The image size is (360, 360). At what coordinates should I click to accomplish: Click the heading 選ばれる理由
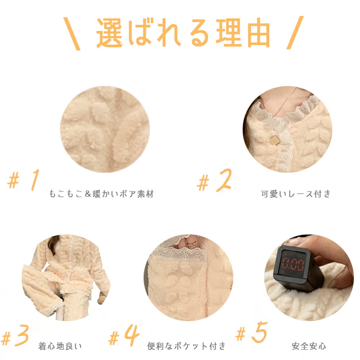(x=183, y=33)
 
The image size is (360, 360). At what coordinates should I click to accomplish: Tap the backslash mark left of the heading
(x=72, y=33)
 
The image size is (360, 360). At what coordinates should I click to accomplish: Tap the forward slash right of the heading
(x=295, y=33)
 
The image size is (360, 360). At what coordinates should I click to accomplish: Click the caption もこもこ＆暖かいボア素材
(x=101, y=194)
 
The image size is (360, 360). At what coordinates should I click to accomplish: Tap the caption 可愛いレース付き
(x=296, y=194)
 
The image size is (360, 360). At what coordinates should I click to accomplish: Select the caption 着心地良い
(x=60, y=346)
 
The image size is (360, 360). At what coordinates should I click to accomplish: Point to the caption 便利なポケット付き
(x=186, y=346)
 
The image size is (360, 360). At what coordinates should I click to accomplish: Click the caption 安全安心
(x=309, y=346)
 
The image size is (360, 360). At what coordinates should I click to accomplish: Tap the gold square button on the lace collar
(x=275, y=140)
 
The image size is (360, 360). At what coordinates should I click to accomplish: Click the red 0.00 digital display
(x=293, y=264)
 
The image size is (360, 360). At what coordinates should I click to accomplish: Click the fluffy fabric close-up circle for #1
(x=105, y=129)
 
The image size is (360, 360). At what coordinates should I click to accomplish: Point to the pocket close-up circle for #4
(x=188, y=278)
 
